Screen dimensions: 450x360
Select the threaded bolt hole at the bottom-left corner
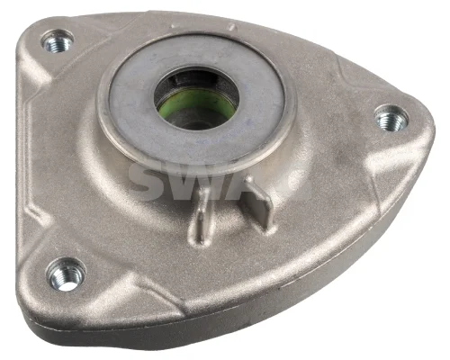(66, 274)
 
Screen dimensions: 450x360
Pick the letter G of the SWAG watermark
(292, 183)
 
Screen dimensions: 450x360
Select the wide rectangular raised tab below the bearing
(258, 204)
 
